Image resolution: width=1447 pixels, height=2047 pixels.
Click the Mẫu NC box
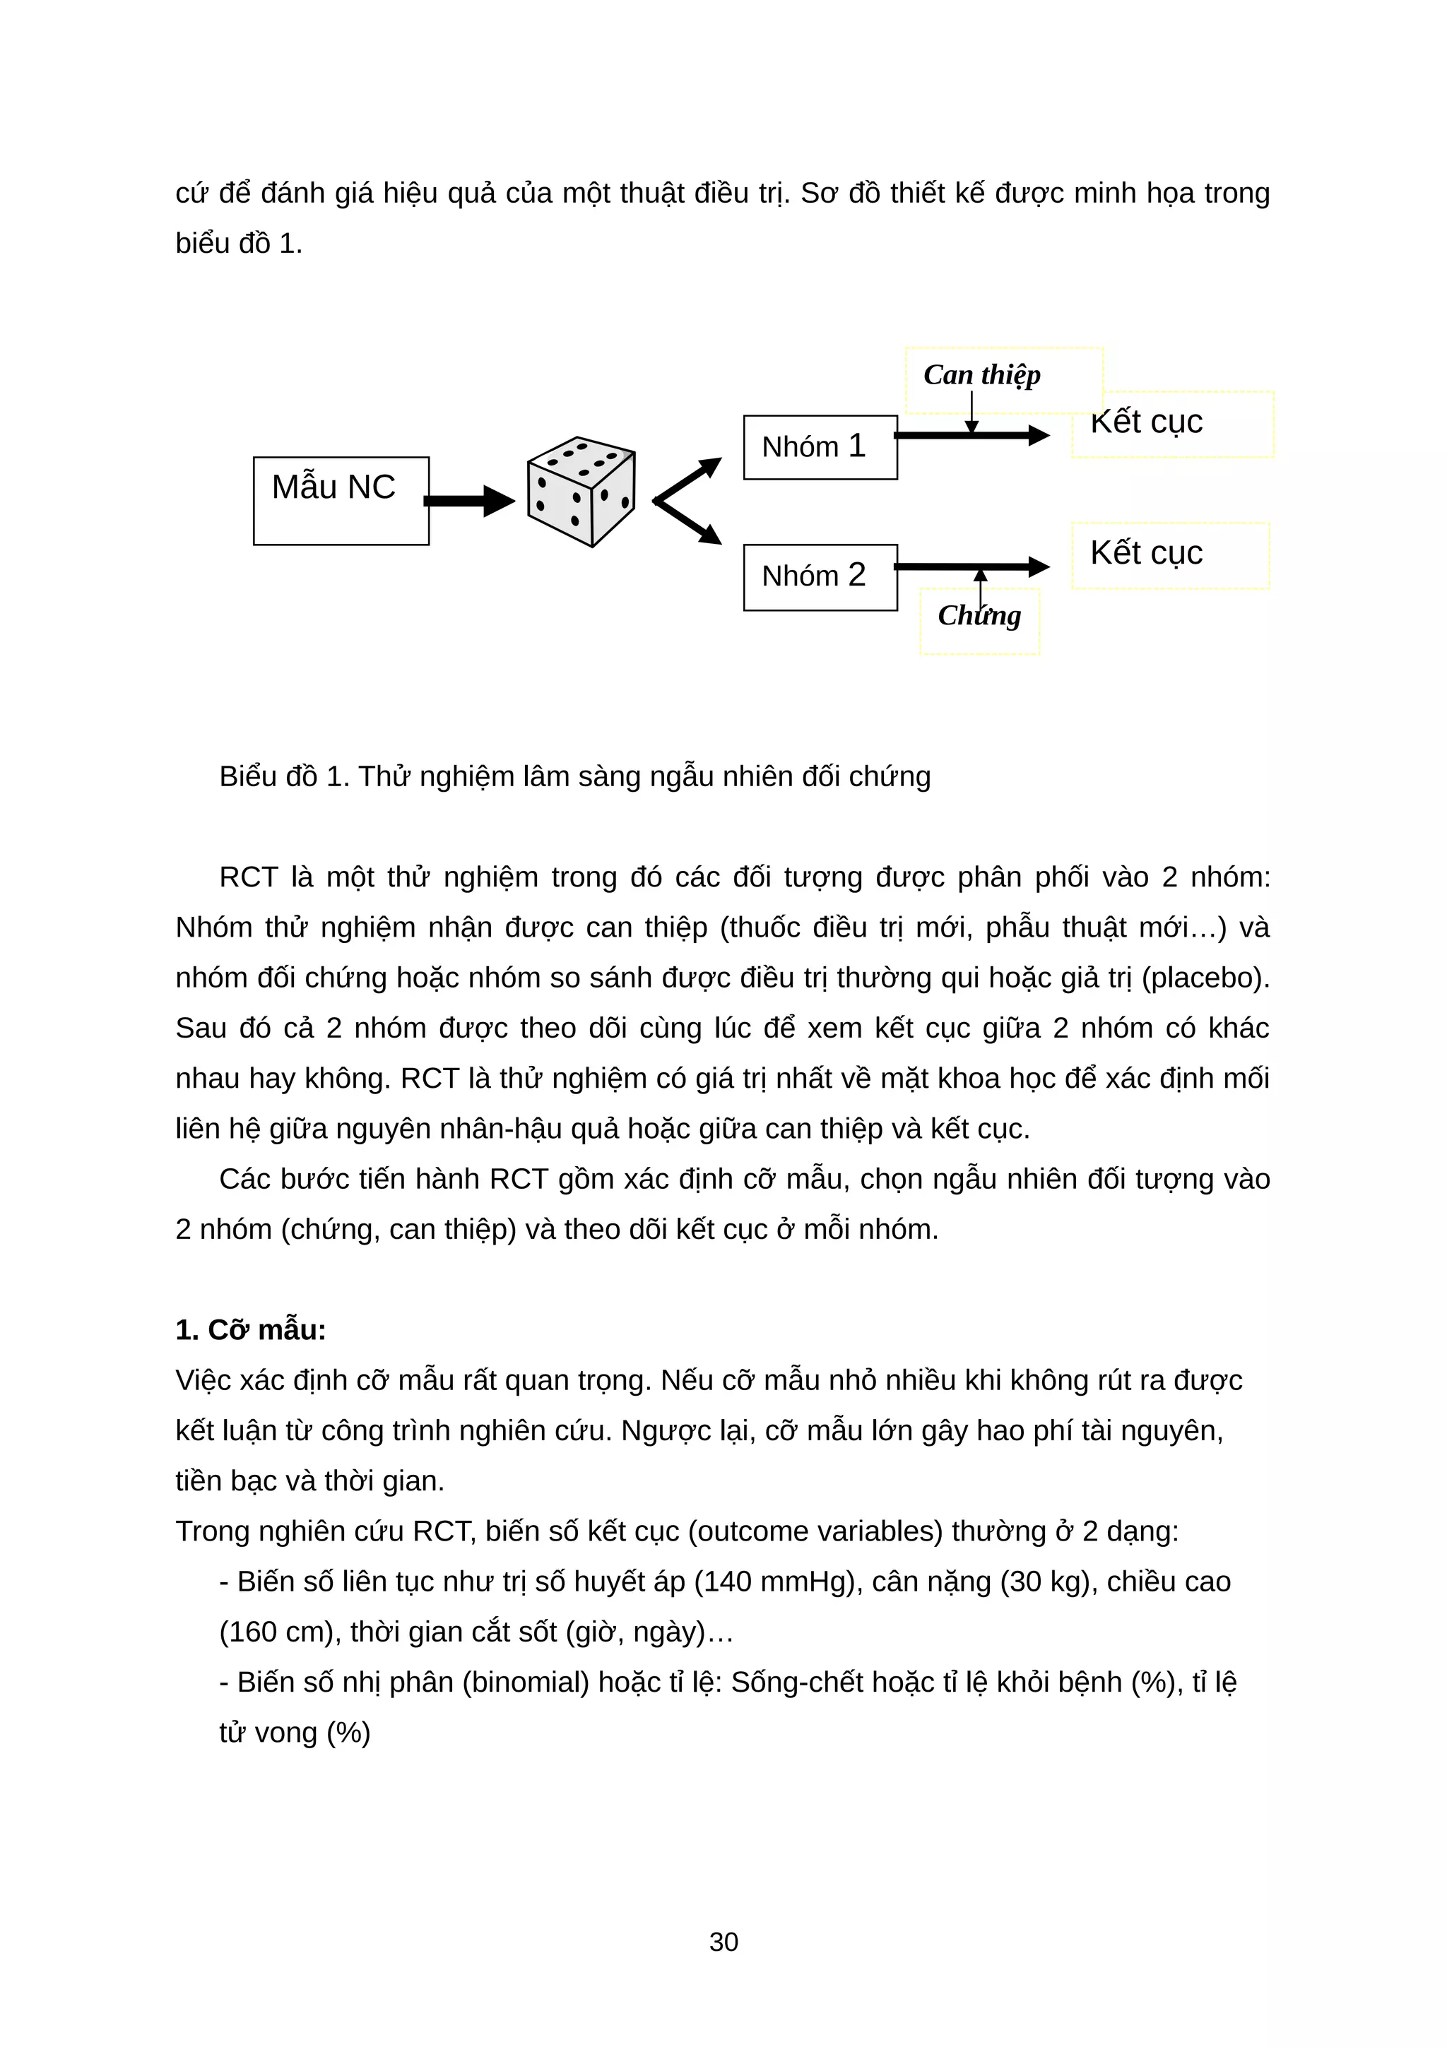point(341,500)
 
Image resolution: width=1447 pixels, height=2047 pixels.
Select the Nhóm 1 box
point(820,446)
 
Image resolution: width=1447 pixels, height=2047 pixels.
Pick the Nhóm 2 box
point(820,577)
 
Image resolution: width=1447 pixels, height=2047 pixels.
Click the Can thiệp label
point(981,374)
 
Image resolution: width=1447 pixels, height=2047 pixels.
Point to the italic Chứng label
point(979,615)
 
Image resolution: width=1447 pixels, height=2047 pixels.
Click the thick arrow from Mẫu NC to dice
point(470,500)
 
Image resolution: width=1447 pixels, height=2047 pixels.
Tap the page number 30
point(723,1942)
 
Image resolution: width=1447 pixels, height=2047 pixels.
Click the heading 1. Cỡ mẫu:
point(251,1329)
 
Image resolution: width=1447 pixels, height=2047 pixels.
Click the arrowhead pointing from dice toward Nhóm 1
point(711,465)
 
